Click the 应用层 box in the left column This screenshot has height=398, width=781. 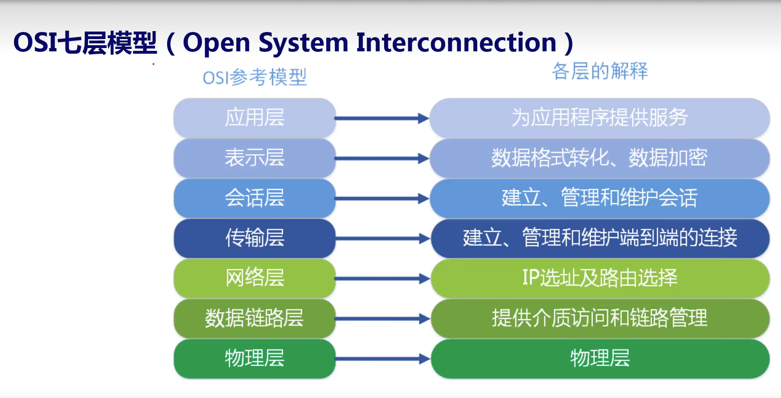tap(254, 118)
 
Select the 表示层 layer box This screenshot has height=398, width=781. tap(254, 158)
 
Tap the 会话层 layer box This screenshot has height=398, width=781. tap(254, 198)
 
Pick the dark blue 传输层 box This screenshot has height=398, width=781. tap(254, 238)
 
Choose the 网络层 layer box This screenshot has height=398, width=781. tap(254, 278)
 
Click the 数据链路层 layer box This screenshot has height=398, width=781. tap(254, 318)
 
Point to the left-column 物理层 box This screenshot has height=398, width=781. tap(254, 358)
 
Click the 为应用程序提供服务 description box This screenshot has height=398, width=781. tap(599, 118)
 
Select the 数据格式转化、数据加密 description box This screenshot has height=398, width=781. tap(599, 158)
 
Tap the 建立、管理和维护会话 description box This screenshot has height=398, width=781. tap(599, 198)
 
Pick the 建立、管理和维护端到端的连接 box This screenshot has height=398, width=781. tap(599, 238)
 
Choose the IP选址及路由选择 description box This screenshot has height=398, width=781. tap(599, 278)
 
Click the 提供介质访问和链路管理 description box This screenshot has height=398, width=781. tap(599, 318)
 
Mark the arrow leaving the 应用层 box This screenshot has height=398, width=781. tap(382, 118)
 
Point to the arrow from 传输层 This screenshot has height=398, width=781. tap(382, 239)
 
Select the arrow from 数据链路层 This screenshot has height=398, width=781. tap(382, 319)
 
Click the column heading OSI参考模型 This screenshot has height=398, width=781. tap(254, 77)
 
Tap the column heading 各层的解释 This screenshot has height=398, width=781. tap(600, 71)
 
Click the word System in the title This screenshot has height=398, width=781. tap(303, 43)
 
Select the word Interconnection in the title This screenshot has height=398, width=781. tap(456, 43)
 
